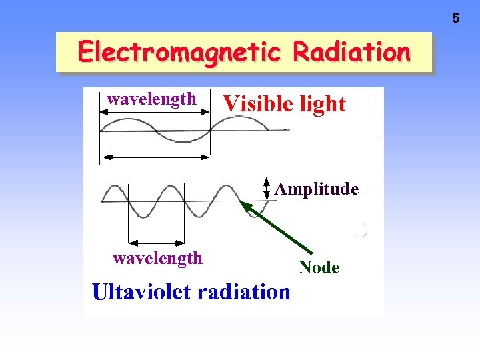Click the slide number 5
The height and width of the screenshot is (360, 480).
pyautogui.click(x=456, y=19)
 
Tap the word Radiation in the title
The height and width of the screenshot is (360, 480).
pyautogui.click(x=351, y=51)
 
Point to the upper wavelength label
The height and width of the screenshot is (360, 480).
pyautogui.click(x=152, y=99)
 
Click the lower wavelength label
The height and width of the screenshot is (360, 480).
pyautogui.click(x=157, y=258)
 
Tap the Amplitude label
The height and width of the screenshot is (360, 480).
pyautogui.click(x=317, y=189)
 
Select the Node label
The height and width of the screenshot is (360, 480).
pyautogui.click(x=319, y=268)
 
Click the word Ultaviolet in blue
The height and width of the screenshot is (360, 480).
pyautogui.click(x=135, y=292)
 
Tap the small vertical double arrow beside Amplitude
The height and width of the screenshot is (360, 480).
pyautogui.click(x=267, y=189)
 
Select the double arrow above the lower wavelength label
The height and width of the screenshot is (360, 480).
pyautogui.click(x=156, y=241)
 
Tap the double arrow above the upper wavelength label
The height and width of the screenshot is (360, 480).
pyautogui.click(x=155, y=113)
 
